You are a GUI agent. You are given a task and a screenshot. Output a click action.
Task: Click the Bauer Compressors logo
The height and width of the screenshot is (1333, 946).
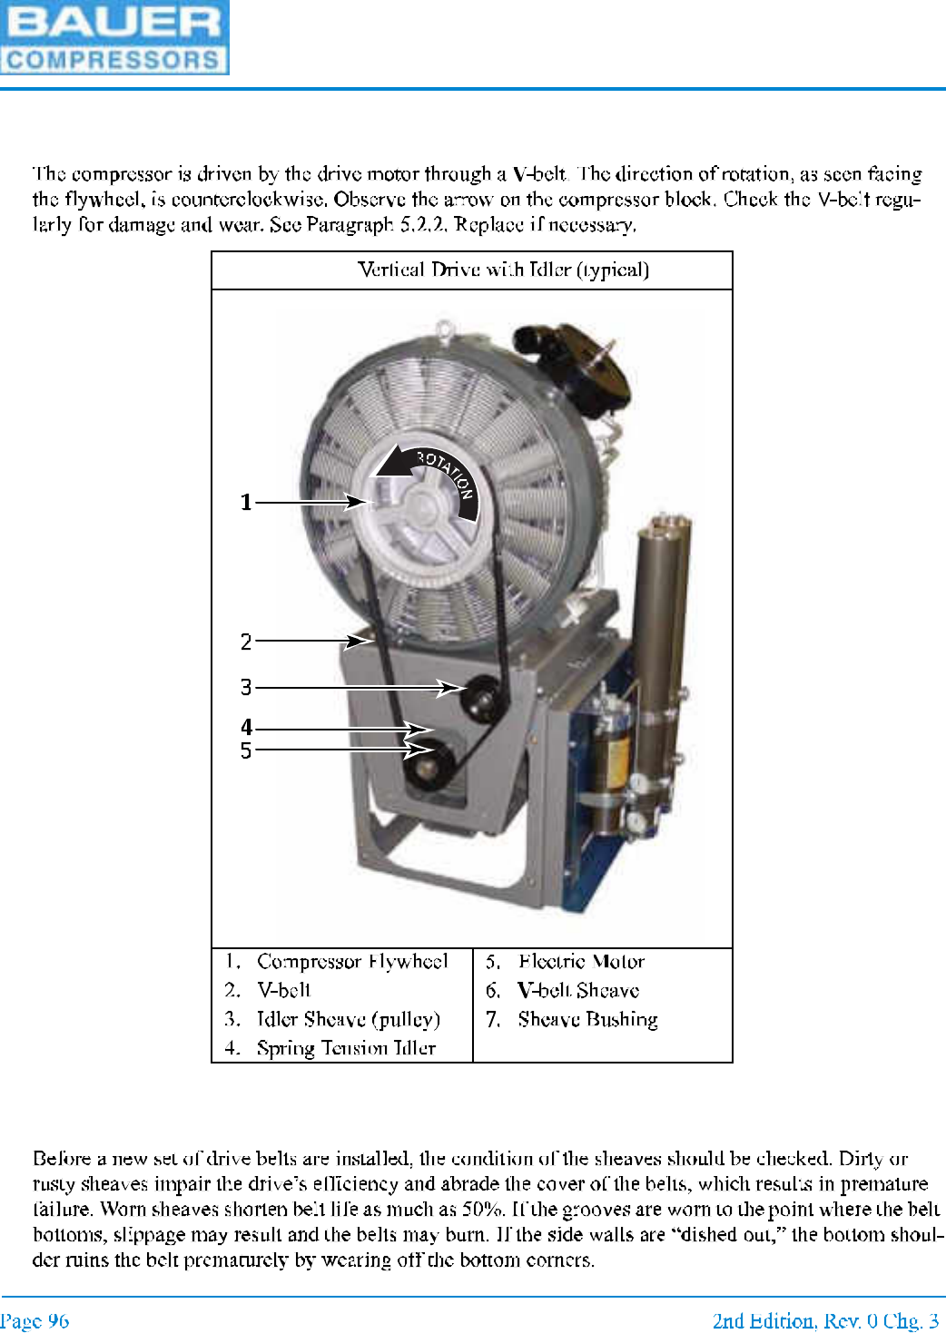tap(114, 37)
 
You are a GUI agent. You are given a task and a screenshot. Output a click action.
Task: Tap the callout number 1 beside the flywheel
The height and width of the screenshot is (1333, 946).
tap(245, 502)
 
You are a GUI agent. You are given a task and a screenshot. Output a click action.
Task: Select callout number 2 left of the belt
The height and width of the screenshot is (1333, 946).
tap(245, 642)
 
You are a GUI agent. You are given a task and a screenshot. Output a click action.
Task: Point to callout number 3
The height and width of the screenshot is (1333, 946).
tap(245, 687)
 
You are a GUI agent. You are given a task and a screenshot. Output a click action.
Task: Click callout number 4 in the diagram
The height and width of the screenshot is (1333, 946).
tap(245, 727)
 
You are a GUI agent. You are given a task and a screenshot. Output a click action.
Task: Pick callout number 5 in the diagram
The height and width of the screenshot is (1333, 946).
tap(245, 750)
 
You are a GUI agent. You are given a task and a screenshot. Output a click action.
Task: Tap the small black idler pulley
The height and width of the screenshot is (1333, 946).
tap(478, 696)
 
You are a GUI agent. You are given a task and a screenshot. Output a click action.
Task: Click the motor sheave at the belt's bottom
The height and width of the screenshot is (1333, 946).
tap(425, 768)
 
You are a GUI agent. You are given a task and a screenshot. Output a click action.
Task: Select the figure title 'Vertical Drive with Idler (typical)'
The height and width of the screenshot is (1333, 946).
tap(503, 270)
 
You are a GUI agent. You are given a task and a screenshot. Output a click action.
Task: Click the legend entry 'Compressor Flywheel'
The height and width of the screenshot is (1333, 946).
tap(352, 961)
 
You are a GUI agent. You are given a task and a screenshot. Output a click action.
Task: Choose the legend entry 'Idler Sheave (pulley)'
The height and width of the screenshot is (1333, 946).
tap(348, 1019)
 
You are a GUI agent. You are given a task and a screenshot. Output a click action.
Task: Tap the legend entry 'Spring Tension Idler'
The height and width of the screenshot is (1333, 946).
tap(346, 1048)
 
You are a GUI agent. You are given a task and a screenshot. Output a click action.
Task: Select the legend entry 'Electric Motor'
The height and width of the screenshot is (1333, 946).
tap(581, 961)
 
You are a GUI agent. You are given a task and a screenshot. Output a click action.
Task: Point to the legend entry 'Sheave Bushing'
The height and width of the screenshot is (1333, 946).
tap(587, 1019)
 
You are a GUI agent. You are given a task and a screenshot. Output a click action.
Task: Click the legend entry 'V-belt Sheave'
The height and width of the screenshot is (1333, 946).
tap(578, 990)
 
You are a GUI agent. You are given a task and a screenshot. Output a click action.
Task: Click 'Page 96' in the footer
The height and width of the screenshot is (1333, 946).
tap(34, 1320)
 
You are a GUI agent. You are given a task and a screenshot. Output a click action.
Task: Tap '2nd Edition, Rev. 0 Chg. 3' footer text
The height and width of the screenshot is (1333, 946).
tap(825, 1320)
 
